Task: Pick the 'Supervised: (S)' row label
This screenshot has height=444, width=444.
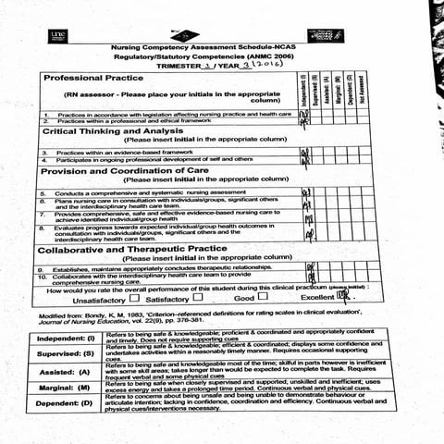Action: (x=70, y=353)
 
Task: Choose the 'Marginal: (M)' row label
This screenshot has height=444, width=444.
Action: (x=71, y=388)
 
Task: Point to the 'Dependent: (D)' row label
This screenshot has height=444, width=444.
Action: (x=71, y=404)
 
